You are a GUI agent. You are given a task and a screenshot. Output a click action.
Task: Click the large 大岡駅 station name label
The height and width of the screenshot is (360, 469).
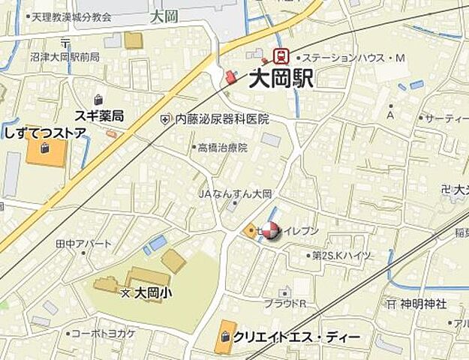coord(281,79)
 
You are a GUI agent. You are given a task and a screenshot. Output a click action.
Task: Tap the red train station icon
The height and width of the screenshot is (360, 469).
coord(282,55)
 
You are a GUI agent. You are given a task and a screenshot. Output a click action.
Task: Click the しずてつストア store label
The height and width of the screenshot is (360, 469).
coord(45,133)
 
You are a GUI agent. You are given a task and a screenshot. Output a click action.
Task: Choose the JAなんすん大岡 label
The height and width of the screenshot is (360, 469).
coord(234,193)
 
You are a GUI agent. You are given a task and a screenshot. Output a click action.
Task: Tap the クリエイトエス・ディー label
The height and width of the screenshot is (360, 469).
coord(296,337)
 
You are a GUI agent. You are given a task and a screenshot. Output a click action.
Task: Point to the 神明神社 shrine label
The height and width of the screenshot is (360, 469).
coord(422,304)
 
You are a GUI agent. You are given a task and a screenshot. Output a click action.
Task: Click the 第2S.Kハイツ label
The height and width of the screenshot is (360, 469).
coord(342,256)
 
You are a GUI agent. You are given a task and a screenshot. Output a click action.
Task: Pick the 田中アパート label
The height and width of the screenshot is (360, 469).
coord(83,244)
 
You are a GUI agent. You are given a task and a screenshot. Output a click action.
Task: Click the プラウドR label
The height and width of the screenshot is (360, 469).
coord(284,304)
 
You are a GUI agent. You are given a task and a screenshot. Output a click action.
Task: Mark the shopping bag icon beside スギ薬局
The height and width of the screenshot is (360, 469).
coord(98,99)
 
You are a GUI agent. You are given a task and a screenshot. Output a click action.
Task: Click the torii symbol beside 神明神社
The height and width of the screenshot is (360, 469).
coord(390,304)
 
